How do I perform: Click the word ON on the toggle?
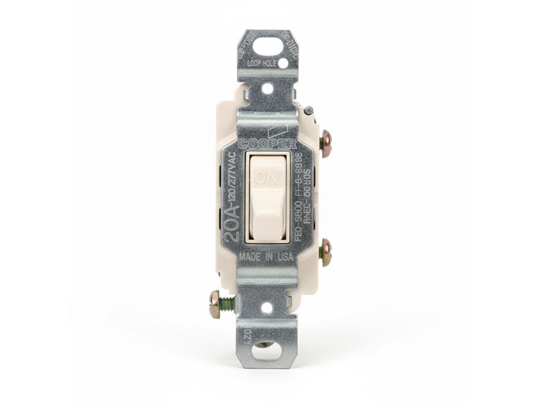pyautogui.click(x=267, y=180)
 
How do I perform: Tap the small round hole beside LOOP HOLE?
pyautogui.click(x=283, y=63)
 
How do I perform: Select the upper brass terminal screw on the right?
pyautogui.click(x=326, y=140)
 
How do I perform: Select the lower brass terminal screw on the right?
pyautogui.click(x=326, y=251)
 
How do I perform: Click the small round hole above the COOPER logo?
pyautogui.click(x=267, y=88)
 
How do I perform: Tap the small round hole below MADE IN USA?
pyautogui.click(x=267, y=308)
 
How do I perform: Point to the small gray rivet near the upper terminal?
pyautogui.click(x=308, y=110)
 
